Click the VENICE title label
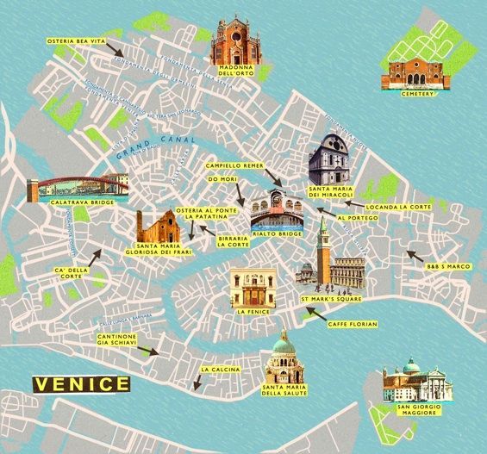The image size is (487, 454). [81, 382]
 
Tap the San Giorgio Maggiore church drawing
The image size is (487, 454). [412, 385]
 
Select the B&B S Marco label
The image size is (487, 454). [447, 267]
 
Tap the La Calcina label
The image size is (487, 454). [214, 370]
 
